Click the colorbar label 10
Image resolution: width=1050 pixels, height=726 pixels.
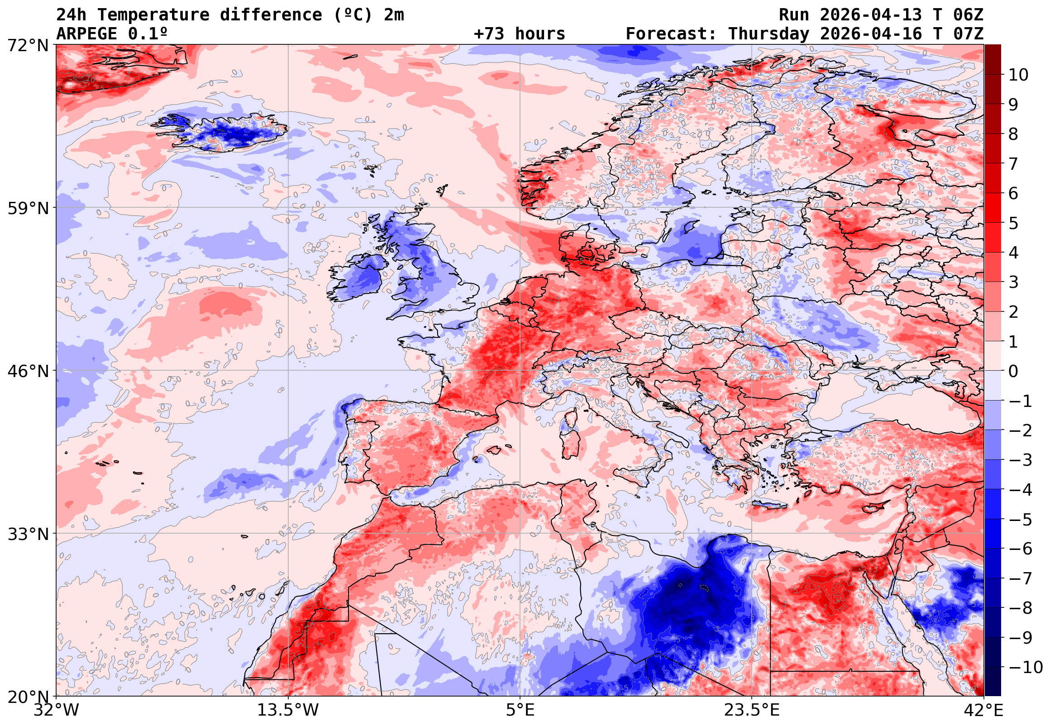pos(1018,75)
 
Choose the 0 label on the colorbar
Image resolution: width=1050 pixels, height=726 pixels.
pos(1013,371)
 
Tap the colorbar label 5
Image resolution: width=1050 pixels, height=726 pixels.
pos(1013,223)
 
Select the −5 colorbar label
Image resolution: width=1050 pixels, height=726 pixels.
pos(1021,520)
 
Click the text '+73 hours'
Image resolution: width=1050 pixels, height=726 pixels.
pos(519,33)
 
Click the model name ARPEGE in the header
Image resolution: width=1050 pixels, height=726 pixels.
pos(87,33)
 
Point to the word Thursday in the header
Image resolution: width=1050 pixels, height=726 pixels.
pos(769,33)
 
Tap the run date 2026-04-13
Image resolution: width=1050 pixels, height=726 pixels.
pos(870,14)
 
